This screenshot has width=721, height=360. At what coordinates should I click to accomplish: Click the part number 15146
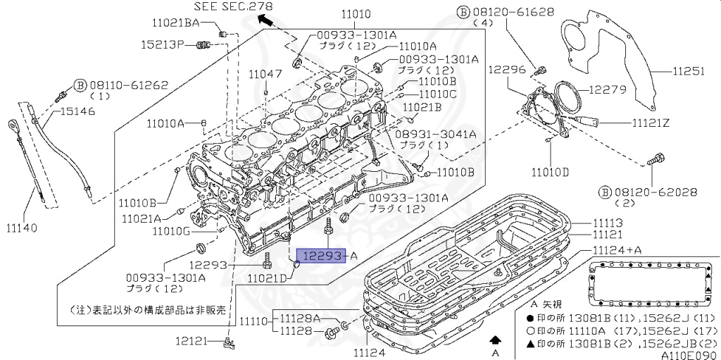pos(78,111)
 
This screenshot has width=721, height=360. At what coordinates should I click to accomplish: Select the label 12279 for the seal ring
pos(607,89)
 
